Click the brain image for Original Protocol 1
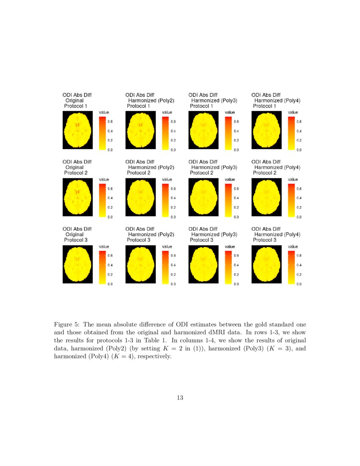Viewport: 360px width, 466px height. [77, 130]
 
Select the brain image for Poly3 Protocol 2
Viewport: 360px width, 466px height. [203, 197]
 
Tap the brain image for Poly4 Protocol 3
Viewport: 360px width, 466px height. [266, 264]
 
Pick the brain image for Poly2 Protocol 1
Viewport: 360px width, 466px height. [140, 130]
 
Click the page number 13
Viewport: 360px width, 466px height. [180, 397]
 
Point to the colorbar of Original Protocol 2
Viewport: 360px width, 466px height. [102, 200]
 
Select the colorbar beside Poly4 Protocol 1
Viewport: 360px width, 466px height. [291, 133]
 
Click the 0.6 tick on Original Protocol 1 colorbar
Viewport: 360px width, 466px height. [110, 121]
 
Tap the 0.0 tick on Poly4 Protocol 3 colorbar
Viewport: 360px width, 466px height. [299, 284]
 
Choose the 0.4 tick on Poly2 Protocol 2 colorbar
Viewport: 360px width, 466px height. [173, 198]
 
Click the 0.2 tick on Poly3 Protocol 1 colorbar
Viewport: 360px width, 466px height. [236, 140]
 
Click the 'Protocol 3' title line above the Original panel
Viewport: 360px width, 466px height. [75, 240]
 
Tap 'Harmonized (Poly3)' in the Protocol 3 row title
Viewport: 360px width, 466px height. [214, 234]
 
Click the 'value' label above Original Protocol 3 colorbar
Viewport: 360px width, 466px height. [104, 246]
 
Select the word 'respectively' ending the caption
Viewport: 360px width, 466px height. [153, 356]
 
